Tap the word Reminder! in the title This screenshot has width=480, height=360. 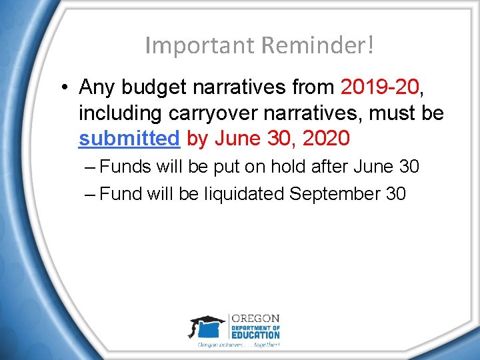(317, 45)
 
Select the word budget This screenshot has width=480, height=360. (155, 87)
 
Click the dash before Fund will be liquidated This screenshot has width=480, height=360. (91, 194)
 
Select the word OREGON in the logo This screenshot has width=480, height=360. (255, 319)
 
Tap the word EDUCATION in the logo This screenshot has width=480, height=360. (255, 335)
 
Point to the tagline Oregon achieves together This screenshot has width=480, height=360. (238, 345)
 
